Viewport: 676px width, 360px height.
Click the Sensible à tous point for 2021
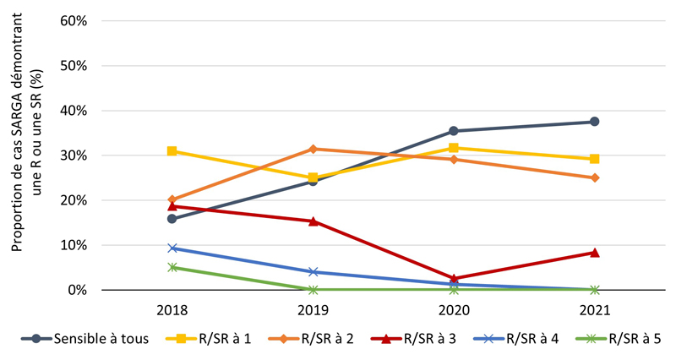(594, 122)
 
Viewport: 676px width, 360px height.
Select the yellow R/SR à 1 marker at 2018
(172, 151)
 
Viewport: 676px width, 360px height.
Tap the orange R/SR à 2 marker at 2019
(313, 149)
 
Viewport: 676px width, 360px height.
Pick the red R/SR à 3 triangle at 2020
(454, 278)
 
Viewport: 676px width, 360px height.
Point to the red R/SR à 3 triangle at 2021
(594, 253)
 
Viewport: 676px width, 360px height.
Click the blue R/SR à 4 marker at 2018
(172, 248)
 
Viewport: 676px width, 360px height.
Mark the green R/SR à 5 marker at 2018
(172, 267)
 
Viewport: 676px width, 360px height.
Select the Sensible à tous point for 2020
(454, 131)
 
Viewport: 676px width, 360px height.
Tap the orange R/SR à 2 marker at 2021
(594, 177)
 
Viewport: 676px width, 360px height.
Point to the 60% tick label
(75, 20)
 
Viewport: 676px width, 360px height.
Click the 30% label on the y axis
(75, 155)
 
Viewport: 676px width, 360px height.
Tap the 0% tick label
(79, 290)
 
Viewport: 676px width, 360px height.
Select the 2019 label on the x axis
(313, 309)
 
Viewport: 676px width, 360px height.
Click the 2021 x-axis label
(594, 309)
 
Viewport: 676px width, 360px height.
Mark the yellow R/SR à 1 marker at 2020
(454, 148)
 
